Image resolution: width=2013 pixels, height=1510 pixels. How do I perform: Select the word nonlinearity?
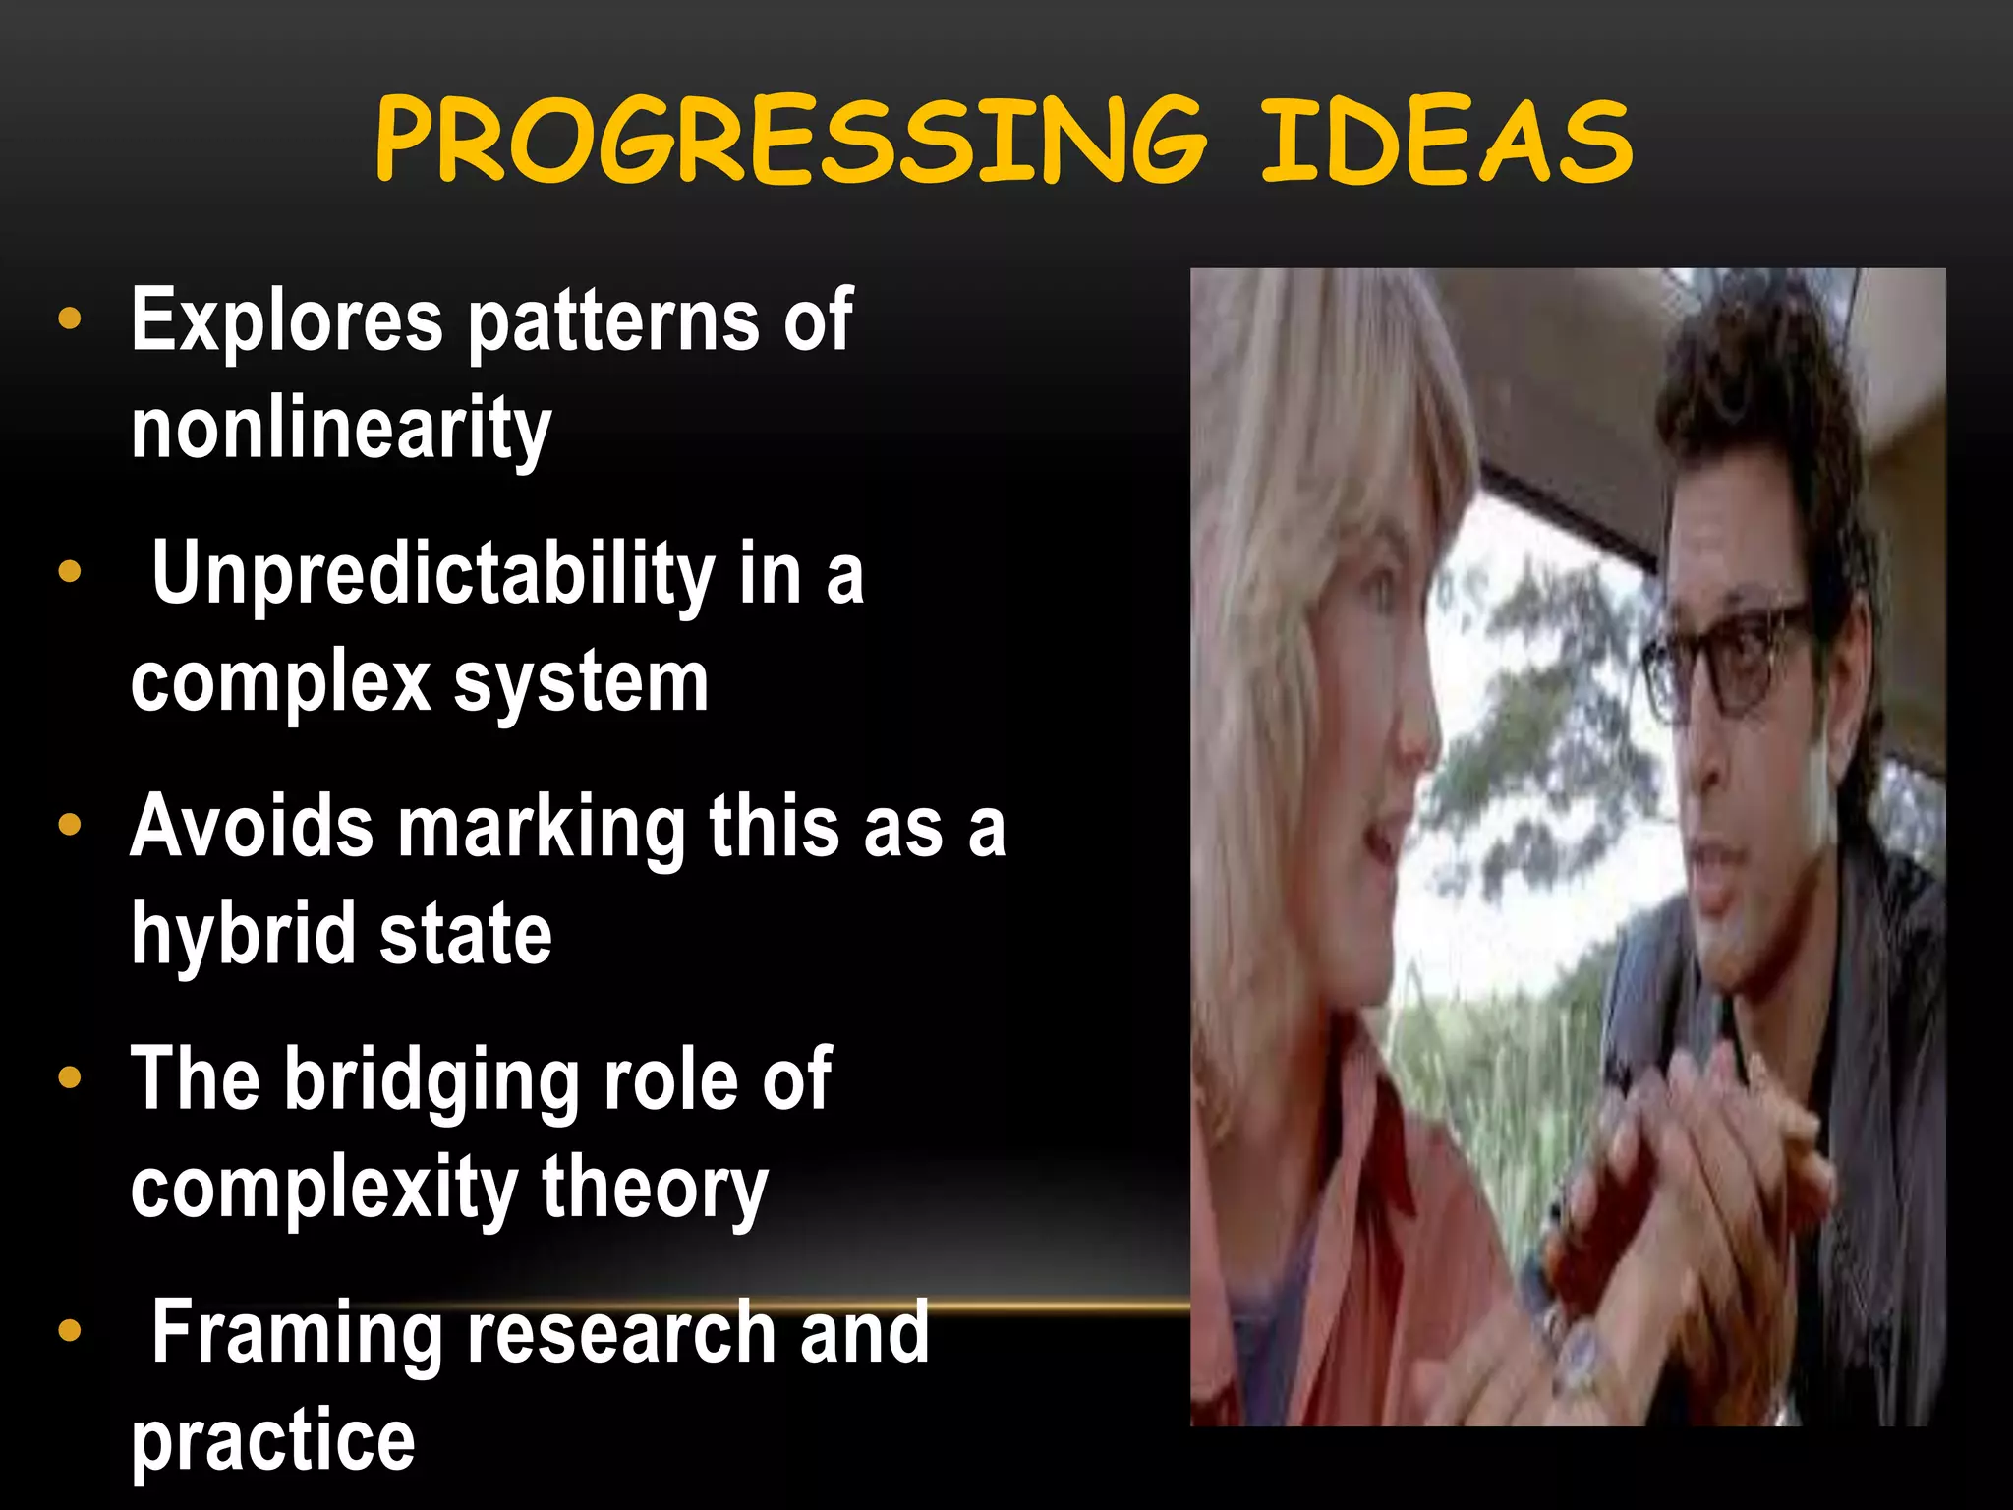pos(341,429)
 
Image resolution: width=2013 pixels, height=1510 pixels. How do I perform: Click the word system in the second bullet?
pos(581,681)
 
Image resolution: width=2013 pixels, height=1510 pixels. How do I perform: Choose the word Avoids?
pos(252,827)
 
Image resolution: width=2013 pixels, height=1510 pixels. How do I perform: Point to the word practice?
pos(273,1441)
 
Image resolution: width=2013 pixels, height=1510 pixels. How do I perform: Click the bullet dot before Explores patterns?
pos(69,319)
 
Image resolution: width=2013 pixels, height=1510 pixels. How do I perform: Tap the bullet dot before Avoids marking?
pos(69,825)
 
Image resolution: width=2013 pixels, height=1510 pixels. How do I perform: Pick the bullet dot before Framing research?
pos(69,1331)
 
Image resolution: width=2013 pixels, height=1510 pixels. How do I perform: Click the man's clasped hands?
pos(1710,1150)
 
